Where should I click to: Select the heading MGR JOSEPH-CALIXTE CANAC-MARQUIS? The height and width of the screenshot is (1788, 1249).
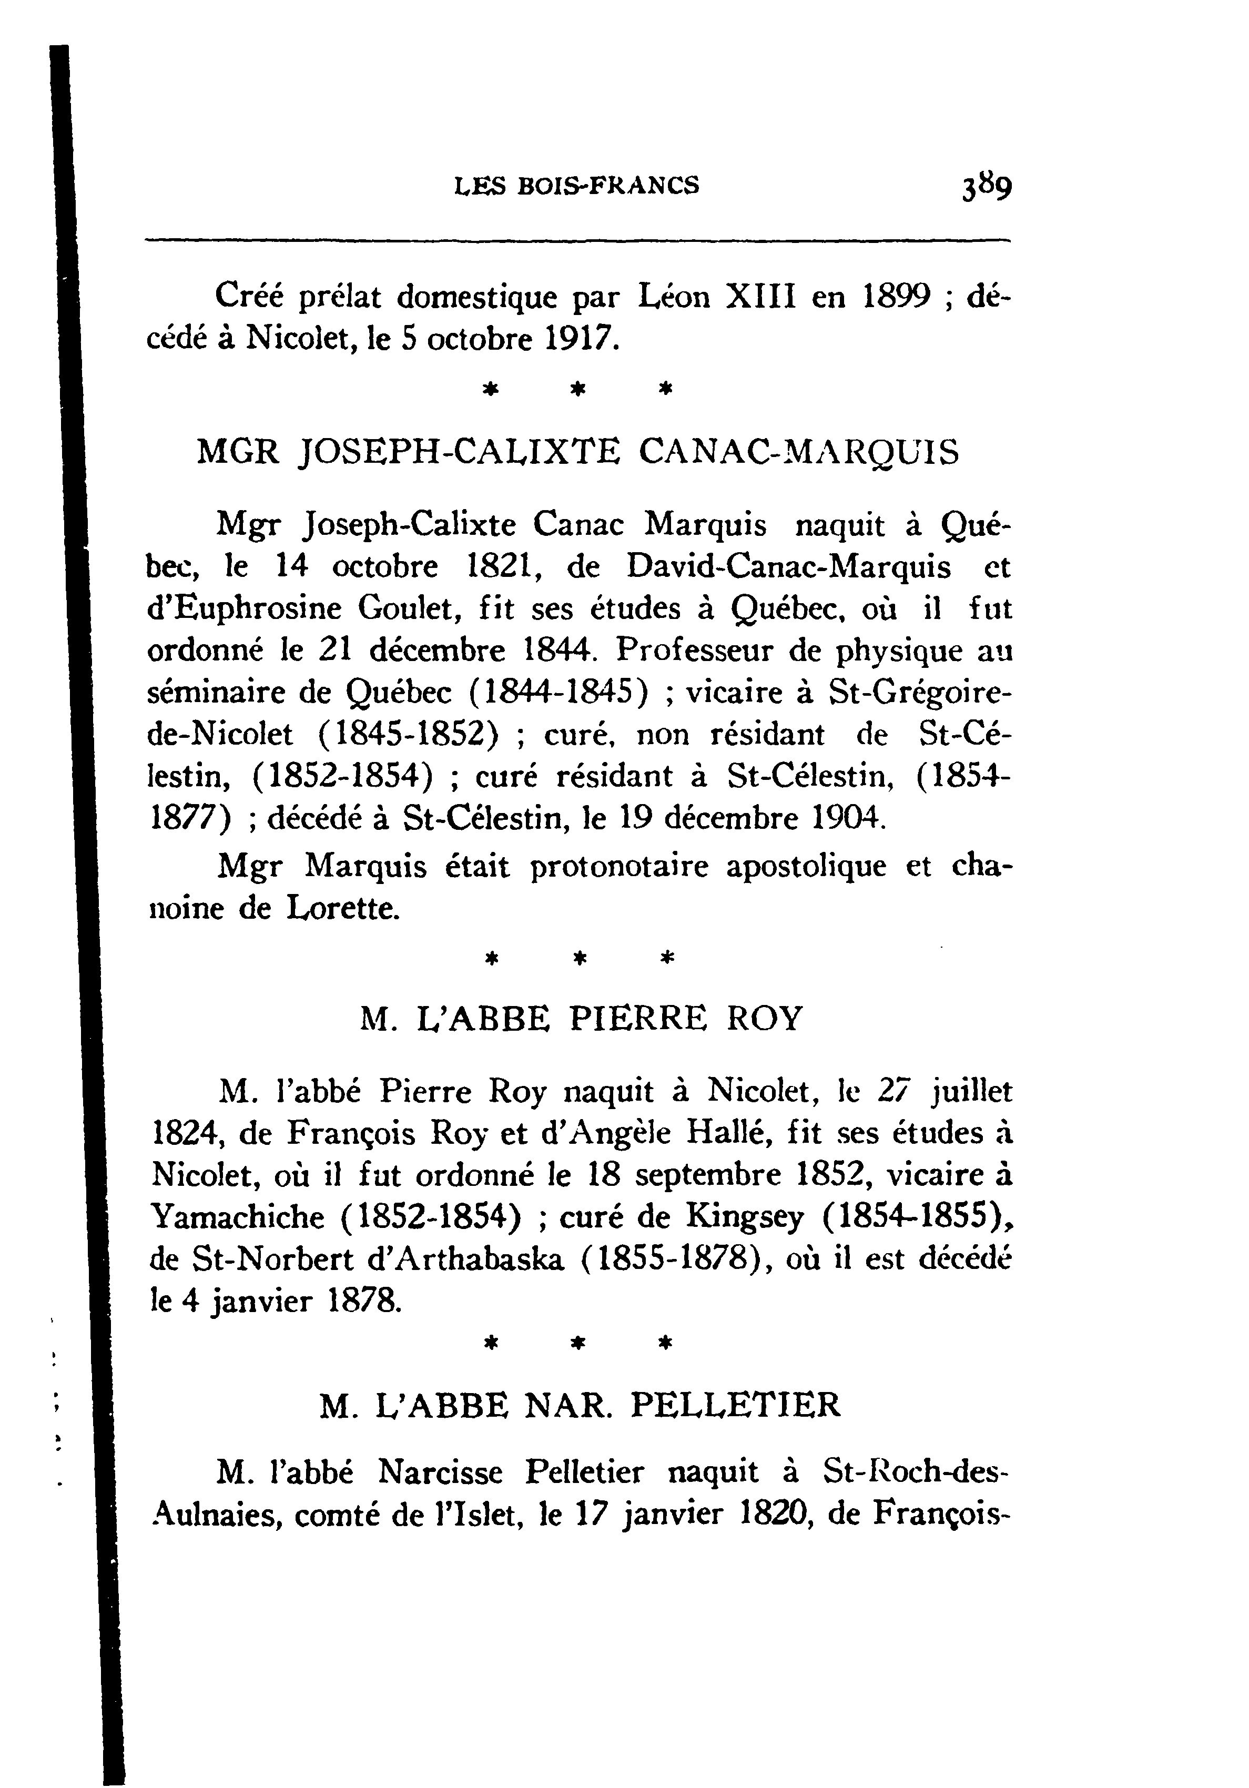click(578, 452)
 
